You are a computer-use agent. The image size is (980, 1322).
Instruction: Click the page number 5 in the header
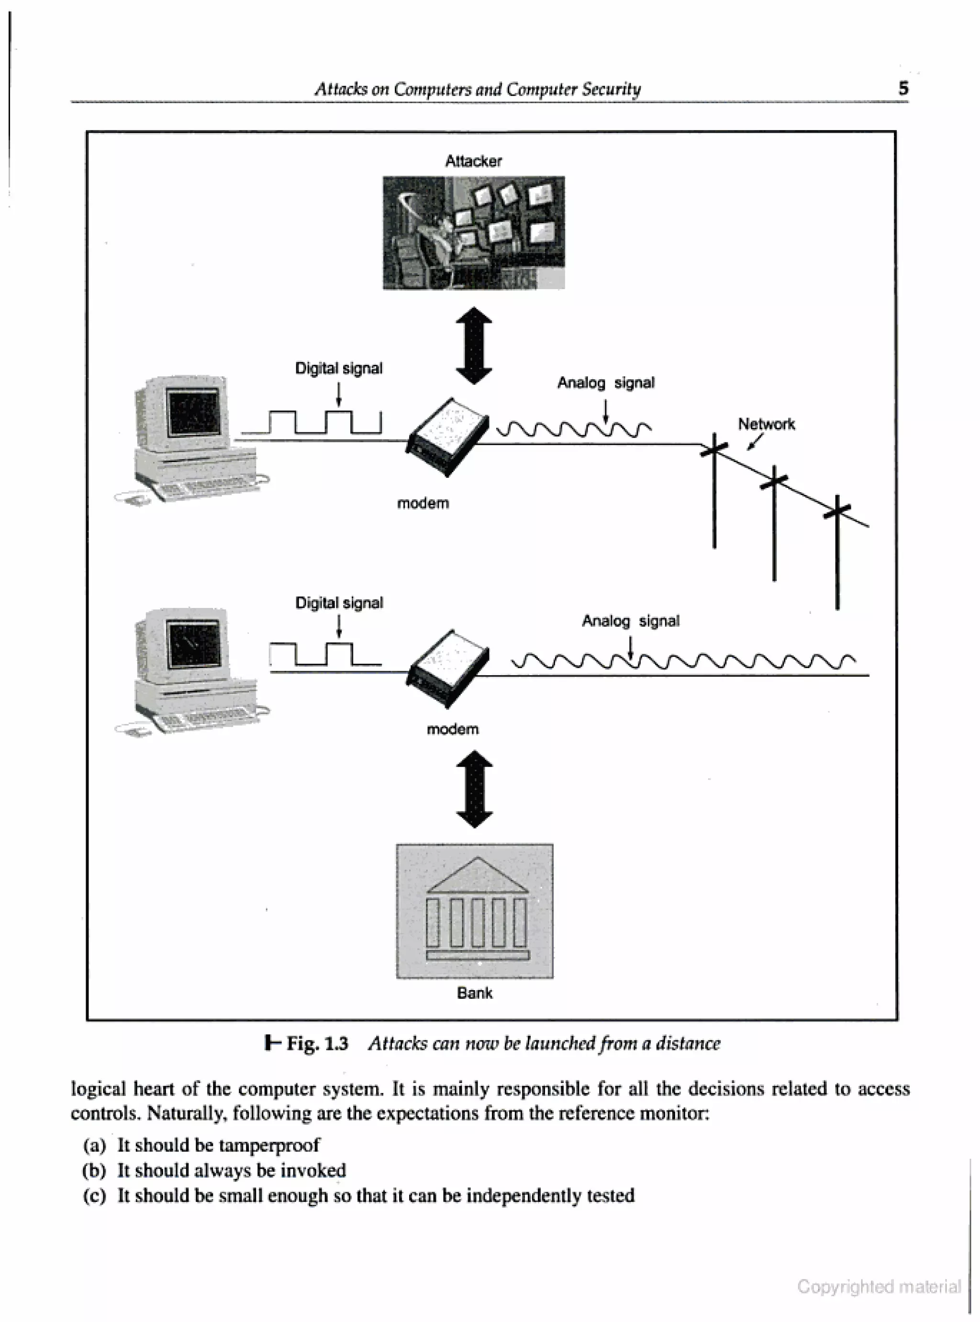coord(903,89)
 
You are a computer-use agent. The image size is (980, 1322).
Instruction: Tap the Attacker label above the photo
coord(473,161)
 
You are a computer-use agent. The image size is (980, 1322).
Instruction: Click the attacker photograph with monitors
coord(473,233)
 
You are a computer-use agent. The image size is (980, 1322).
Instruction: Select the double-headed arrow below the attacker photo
coord(474,346)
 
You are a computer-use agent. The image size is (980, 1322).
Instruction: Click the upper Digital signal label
coord(339,368)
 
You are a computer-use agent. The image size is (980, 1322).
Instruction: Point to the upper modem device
coord(448,436)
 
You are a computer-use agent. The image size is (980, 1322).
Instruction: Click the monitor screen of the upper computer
coord(194,412)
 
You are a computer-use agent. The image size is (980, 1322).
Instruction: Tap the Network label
coord(766,424)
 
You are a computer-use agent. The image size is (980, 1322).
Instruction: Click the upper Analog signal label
coord(606,383)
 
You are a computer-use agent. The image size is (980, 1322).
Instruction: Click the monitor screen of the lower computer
coord(194,644)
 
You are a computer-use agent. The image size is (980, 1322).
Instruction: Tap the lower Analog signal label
coord(630,621)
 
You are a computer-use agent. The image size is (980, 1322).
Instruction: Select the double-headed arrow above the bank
coord(474,789)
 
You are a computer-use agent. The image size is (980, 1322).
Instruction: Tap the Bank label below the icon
coord(475,993)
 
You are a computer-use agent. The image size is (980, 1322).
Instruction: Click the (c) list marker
coord(94,1195)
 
